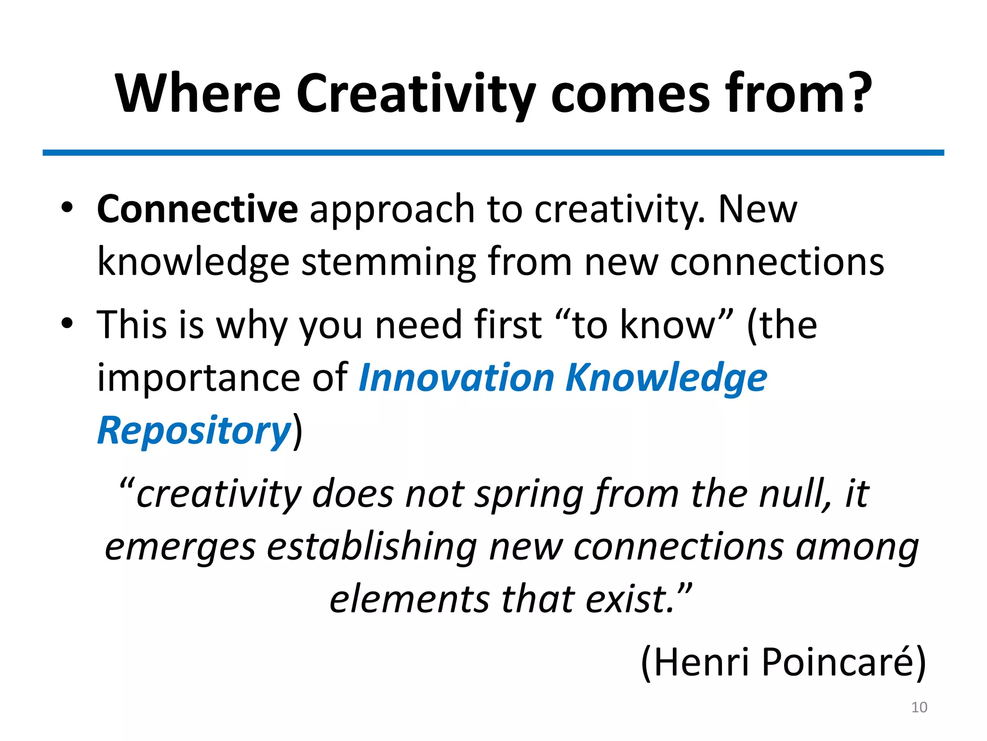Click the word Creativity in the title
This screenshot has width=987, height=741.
point(415,94)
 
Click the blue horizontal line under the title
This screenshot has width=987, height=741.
point(493,152)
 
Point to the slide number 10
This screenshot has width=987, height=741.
point(919,707)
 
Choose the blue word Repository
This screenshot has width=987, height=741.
point(194,430)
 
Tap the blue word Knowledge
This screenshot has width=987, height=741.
point(667,378)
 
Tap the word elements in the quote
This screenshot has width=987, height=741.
point(409,599)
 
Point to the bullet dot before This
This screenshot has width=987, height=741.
point(67,324)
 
